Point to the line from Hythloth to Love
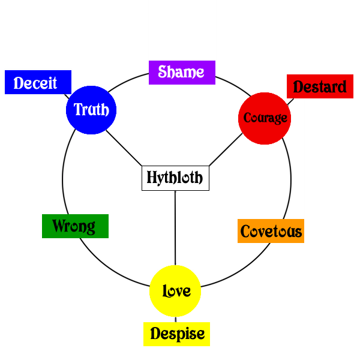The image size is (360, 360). click(x=175, y=228)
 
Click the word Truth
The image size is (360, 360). click(x=91, y=110)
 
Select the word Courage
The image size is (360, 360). click(x=265, y=118)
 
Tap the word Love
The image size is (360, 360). click(x=176, y=292)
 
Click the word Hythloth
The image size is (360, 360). click(x=175, y=178)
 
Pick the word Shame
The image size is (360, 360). click(x=181, y=72)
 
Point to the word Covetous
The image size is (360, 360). click(x=271, y=231)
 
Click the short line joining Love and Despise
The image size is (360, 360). click(x=175, y=319)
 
